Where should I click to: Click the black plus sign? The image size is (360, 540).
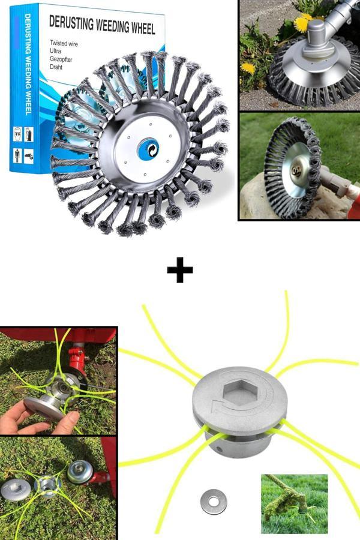[180, 269]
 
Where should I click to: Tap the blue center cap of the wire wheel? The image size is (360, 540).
[148, 149]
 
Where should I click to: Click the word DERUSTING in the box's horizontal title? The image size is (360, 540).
[71, 22]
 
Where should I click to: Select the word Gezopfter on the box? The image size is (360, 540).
[61, 59]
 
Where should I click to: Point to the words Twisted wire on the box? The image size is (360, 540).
[64, 43]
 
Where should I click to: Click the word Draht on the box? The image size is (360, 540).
[56, 67]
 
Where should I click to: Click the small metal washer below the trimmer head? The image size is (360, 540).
[213, 502]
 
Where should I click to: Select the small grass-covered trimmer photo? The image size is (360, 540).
[294, 504]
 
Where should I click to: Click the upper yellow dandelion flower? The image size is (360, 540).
[302, 23]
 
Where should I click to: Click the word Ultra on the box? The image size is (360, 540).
[55, 51]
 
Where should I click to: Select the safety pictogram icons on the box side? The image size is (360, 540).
[23, 145]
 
